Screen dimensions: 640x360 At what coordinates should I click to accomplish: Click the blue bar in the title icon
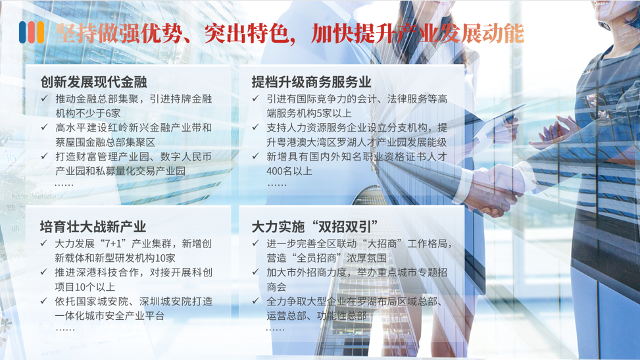point(22,32)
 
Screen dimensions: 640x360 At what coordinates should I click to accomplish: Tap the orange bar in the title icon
point(40,32)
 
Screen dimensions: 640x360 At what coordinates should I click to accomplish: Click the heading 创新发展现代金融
point(93,82)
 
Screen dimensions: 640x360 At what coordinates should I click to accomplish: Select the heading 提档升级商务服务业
point(311,82)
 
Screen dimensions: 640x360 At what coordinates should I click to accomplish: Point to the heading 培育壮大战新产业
point(93,227)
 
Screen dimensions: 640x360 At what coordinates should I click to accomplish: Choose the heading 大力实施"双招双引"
point(314,227)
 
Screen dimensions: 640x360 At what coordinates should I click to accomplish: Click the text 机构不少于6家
point(87,113)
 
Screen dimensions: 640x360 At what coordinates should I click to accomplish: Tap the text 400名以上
point(289,171)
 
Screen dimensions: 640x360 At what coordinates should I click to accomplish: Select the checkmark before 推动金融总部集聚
point(45,98)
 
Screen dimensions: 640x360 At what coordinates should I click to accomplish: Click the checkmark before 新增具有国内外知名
point(255,156)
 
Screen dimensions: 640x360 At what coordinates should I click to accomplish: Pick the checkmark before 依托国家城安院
point(44,301)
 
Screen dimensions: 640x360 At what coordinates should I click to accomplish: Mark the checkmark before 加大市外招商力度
point(255,272)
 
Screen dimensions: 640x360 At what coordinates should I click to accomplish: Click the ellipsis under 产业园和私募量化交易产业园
point(64,185)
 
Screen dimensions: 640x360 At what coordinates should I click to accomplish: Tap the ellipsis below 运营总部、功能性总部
point(275,329)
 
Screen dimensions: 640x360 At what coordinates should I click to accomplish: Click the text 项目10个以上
point(85,287)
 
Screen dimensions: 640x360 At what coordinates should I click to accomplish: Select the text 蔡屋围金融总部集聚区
point(105,142)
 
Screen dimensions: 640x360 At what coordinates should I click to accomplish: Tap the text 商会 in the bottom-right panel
point(276,287)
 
